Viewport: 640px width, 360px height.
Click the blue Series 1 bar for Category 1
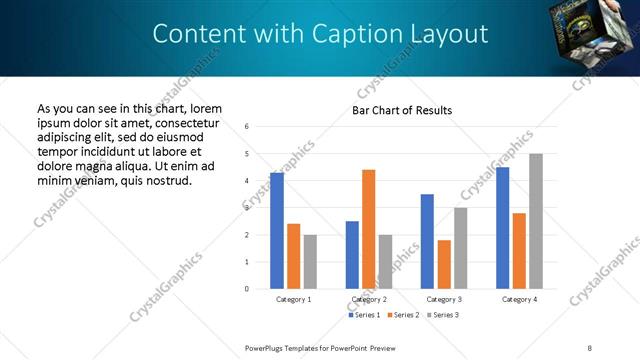point(277,231)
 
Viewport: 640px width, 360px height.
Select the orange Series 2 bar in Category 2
point(368,229)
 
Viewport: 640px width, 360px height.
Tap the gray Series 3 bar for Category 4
point(536,221)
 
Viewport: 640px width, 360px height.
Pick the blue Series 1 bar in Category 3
point(427,241)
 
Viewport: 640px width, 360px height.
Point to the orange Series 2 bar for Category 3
point(444,264)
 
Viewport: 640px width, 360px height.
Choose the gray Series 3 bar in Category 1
point(310,262)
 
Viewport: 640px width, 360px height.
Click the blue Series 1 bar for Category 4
point(502,228)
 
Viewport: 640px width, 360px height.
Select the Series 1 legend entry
point(364,315)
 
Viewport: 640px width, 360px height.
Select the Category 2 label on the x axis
point(369,299)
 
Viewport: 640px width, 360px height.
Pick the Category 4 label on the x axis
point(519,299)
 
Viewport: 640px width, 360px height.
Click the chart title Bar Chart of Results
point(402,110)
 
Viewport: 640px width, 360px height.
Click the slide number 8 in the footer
point(590,347)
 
